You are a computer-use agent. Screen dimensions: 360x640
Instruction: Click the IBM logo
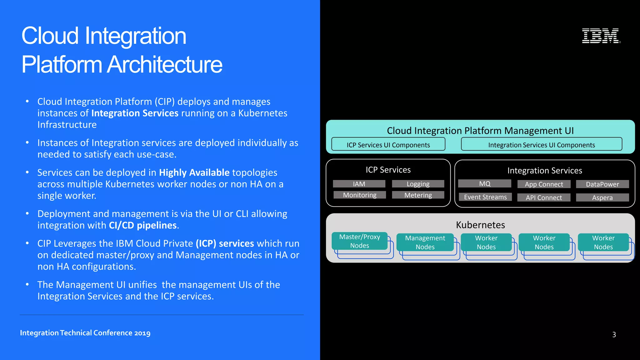tap(601, 36)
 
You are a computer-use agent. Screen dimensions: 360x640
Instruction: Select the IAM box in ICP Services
tap(359, 184)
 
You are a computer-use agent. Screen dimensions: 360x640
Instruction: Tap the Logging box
tap(418, 184)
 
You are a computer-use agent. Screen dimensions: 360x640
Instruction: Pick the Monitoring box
tap(360, 195)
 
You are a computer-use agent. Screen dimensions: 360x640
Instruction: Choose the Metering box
tap(418, 195)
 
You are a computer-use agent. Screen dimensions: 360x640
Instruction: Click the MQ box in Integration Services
tap(485, 183)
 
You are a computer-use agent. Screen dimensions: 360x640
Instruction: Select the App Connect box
tap(544, 184)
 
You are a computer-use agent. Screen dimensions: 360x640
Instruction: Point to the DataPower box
tap(602, 184)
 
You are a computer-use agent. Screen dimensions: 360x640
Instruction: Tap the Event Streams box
tap(485, 197)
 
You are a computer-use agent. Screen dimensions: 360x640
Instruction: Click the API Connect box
tap(544, 197)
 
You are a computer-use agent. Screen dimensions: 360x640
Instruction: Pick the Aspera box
tap(602, 197)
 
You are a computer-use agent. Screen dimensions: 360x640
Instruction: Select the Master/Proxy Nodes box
tap(360, 241)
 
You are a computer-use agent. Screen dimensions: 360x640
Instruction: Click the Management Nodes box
tap(425, 242)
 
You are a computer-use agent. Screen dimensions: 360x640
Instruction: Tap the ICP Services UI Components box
tap(388, 144)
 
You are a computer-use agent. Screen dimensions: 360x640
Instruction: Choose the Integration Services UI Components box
tap(542, 144)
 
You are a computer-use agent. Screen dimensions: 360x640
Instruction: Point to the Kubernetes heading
tap(480, 225)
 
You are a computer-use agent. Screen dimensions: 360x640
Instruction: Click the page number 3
tap(614, 335)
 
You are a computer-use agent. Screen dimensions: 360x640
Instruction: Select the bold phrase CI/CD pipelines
tap(142, 225)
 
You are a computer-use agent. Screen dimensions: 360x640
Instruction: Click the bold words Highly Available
tap(194, 172)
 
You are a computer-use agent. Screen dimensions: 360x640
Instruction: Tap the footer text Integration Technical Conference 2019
tap(85, 333)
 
